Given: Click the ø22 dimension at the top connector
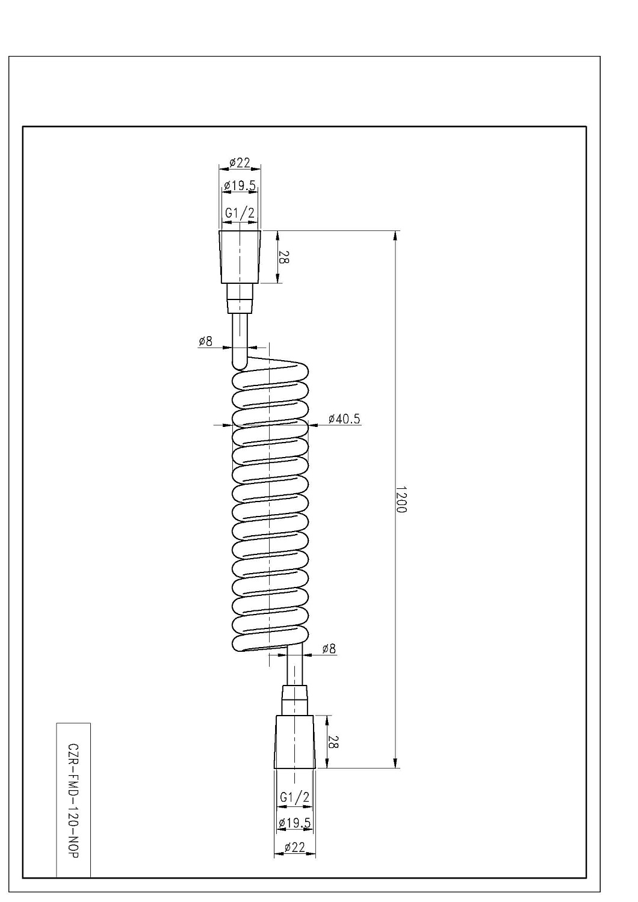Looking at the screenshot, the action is pos(240,163).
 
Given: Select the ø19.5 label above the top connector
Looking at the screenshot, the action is pos(240,186).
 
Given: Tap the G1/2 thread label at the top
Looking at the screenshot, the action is pos(240,213).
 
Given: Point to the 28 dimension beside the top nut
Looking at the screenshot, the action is pos(283,257).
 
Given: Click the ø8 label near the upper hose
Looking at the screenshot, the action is pos(205,342).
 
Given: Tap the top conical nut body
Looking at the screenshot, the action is pos(240,257).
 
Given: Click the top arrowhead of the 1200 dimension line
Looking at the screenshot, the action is pos(395,236).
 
